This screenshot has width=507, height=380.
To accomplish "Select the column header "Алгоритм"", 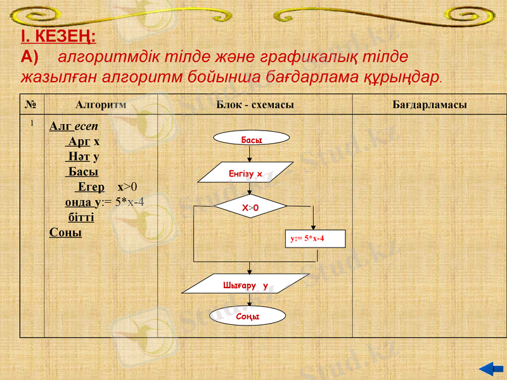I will click(x=101, y=104).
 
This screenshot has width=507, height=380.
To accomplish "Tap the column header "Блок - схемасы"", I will click(x=255, y=104).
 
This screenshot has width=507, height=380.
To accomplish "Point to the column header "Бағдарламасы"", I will click(x=430, y=104).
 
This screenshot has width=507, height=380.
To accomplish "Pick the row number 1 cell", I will click(x=31, y=124).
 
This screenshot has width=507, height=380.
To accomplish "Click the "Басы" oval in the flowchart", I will click(x=251, y=139).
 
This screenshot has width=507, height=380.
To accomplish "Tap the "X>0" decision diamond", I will click(x=251, y=207).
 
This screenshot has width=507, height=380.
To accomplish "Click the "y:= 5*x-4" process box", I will click(x=315, y=238).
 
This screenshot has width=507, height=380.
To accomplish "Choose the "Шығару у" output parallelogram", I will click(x=246, y=285).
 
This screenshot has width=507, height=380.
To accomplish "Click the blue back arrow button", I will click(x=490, y=368).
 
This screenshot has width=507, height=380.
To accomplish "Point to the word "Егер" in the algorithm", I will click(x=91, y=187).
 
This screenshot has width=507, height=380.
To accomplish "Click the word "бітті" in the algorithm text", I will click(x=80, y=217).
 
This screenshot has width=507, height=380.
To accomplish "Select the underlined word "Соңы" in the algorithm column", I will click(x=65, y=232).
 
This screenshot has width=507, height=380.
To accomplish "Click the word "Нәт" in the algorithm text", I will click(x=79, y=156).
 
